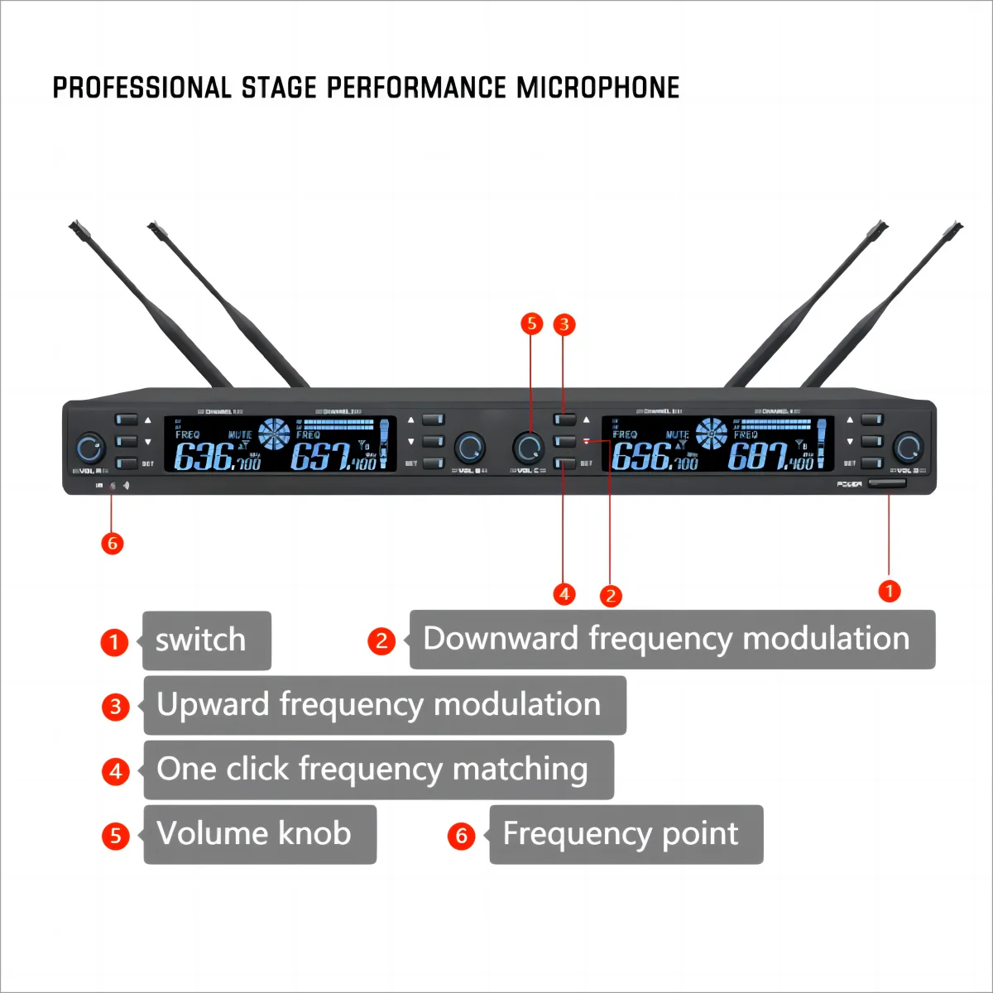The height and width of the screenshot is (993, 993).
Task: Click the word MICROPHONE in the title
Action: [x=597, y=88]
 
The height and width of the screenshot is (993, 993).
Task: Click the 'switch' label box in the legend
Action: [x=206, y=640]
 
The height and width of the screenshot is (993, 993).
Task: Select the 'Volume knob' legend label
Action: [x=259, y=834]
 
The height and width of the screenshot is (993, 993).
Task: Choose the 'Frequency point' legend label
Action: [x=626, y=834]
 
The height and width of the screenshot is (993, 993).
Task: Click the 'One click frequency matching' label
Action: [x=378, y=770]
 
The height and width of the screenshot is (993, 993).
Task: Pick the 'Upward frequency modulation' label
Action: [x=384, y=705]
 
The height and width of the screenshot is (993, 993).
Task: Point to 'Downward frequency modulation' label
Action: [x=671, y=640]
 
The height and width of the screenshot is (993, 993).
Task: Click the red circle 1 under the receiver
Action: [x=889, y=591]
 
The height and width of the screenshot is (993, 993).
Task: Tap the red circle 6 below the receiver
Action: [x=112, y=544]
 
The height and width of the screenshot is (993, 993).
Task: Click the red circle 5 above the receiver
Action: [x=531, y=324]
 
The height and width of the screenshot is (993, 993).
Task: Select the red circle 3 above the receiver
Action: [x=564, y=324]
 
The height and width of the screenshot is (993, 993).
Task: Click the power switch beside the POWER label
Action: [x=886, y=484]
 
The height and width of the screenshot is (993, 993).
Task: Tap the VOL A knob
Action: [x=89, y=448]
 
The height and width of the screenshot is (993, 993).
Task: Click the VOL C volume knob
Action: [x=527, y=448]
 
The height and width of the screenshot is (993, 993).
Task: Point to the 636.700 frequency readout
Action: [x=217, y=457]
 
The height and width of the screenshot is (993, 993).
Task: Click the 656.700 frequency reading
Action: [x=654, y=457]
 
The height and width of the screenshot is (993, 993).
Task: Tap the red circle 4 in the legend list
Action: [x=116, y=771]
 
